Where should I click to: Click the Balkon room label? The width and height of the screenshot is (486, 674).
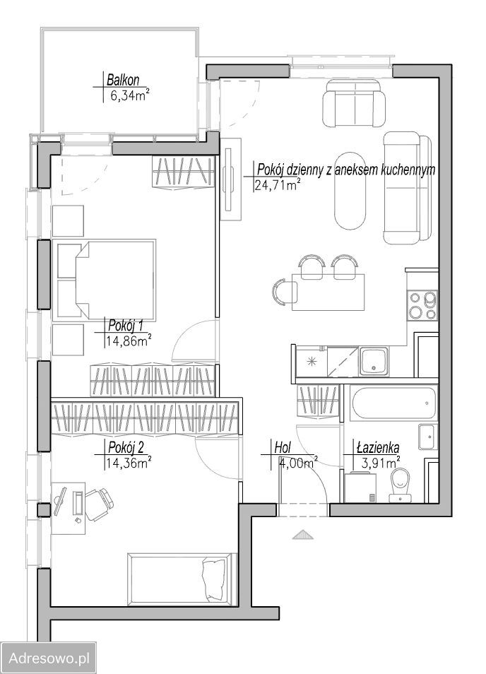pos(123,80)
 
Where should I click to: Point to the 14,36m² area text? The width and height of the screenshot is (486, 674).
pos(128,463)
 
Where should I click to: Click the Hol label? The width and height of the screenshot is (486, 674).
pos(283,448)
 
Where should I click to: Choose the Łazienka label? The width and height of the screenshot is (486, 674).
pos(378,448)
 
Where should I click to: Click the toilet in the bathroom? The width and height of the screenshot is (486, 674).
pos(400,485)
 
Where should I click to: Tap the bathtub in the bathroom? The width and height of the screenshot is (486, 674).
pos(393,403)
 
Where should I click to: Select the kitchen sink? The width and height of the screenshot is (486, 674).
pos(374,360)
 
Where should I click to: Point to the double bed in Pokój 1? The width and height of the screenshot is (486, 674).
pos(104,280)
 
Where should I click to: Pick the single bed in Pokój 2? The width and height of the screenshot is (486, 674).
pos(182,579)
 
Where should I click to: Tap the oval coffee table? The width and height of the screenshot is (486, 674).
pos(350,191)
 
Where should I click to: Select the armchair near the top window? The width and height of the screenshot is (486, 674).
pos(355,102)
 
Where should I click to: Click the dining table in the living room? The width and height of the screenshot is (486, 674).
pos(328,292)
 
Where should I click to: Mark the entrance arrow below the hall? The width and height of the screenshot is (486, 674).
pos(303,534)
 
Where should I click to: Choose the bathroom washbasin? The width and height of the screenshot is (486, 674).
pos(427,437)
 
